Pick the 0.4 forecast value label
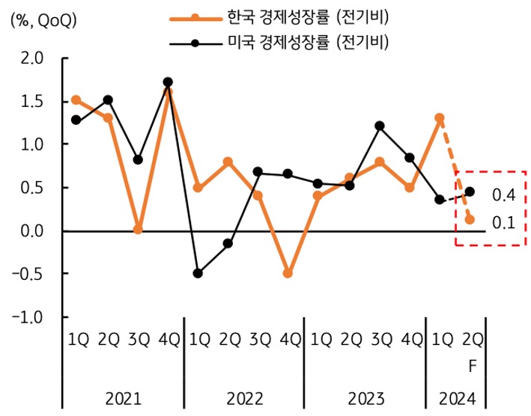coord(503,195)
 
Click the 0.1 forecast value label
coord(503,222)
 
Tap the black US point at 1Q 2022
coord(198,274)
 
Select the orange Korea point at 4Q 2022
coord(288,274)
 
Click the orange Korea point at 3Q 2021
coord(138,230)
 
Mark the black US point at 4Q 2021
coord(168,82)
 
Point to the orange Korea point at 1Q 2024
coord(440,118)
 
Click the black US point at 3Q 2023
coord(380,126)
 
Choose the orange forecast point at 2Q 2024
coord(470,220)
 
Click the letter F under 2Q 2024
coord(471,367)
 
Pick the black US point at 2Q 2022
coord(228,244)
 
